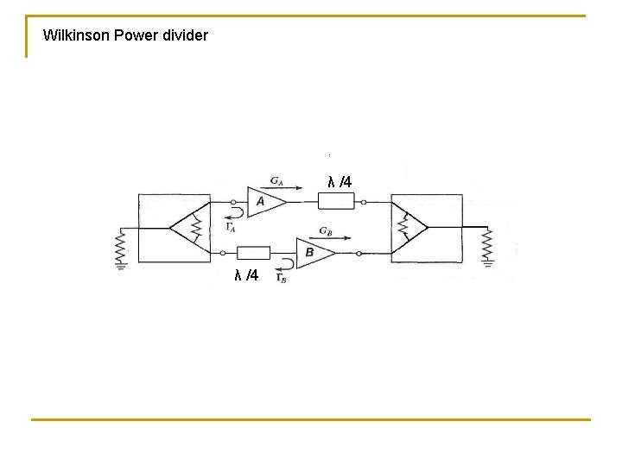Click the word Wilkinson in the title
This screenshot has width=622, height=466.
(75, 36)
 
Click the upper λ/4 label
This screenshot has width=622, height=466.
(340, 181)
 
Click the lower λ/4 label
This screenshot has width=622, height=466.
(246, 275)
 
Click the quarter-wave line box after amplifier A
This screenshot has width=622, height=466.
(335, 202)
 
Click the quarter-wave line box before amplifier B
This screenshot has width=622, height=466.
(254, 253)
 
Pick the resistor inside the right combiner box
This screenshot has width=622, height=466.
(403, 227)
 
